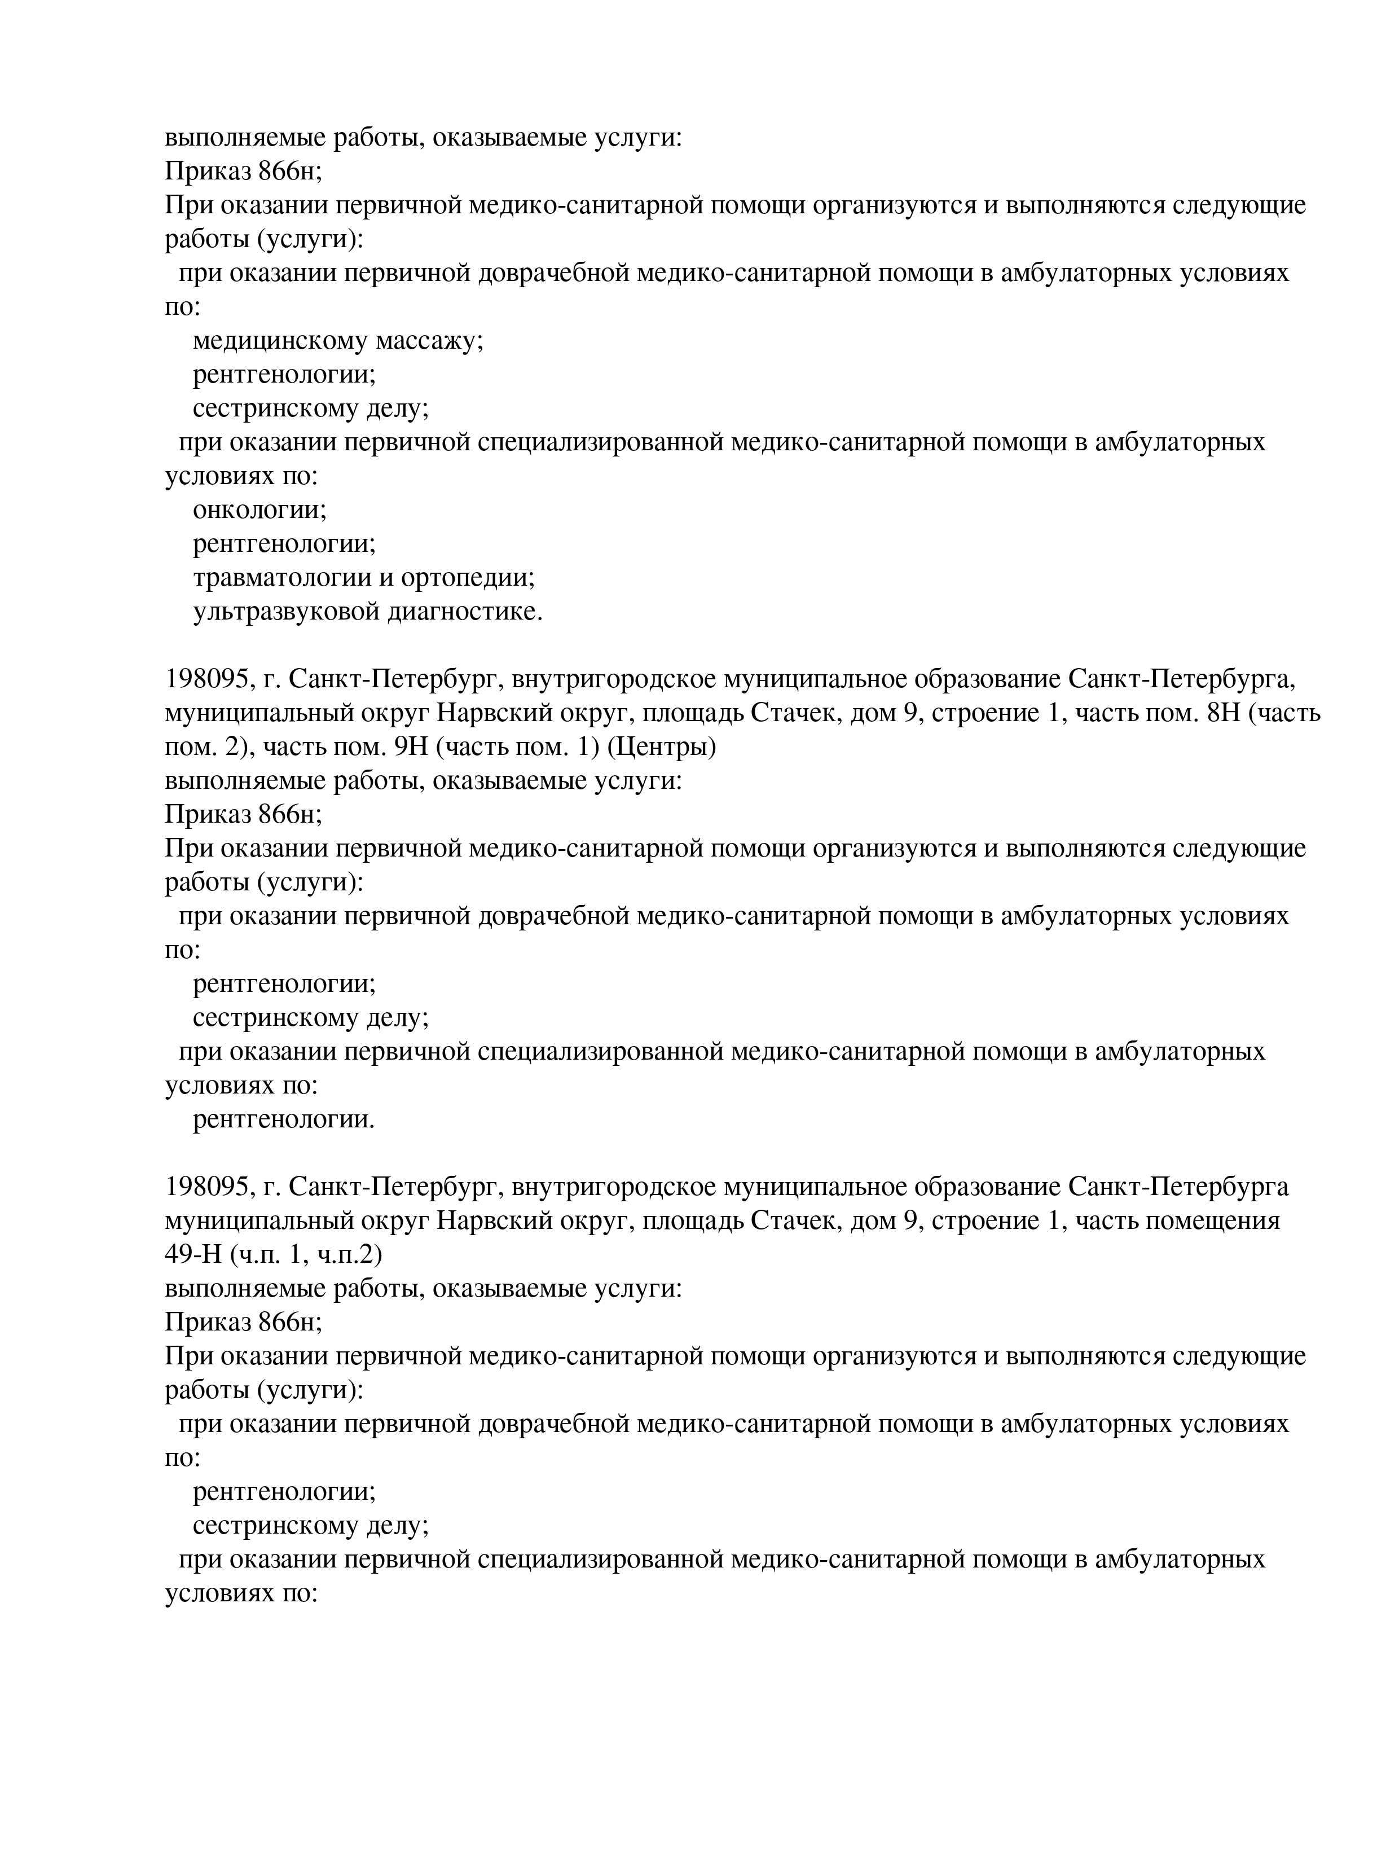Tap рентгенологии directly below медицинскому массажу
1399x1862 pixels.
point(284,375)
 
